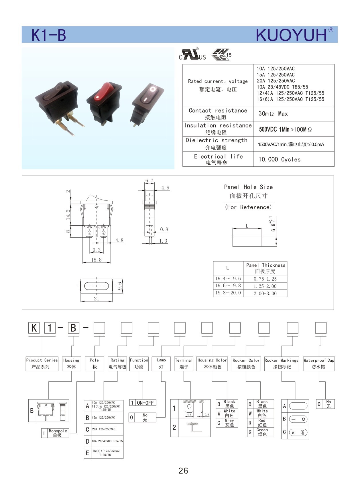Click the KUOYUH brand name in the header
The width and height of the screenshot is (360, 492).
tap(291, 35)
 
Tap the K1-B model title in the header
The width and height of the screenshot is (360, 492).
tap(49, 35)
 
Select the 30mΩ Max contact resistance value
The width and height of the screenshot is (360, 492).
tap(273, 114)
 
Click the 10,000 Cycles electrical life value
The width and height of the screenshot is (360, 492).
tap(280, 160)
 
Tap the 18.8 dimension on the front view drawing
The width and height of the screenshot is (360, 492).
tap(96, 260)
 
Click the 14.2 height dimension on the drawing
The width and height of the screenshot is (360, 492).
tap(68, 214)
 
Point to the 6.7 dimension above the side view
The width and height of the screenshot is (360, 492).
tap(149, 181)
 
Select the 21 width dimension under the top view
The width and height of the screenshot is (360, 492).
tap(97, 298)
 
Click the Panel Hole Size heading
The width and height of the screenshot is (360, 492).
tap(248, 187)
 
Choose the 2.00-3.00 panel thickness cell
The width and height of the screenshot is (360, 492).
tap(265, 293)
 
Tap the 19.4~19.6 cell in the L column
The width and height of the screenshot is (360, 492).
tap(228, 279)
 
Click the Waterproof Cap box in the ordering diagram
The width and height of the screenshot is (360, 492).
tap(319, 363)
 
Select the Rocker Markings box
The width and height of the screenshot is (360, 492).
tap(282, 363)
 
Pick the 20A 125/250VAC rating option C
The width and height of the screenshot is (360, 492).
tap(103, 429)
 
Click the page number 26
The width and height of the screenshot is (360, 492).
tap(183, 471)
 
